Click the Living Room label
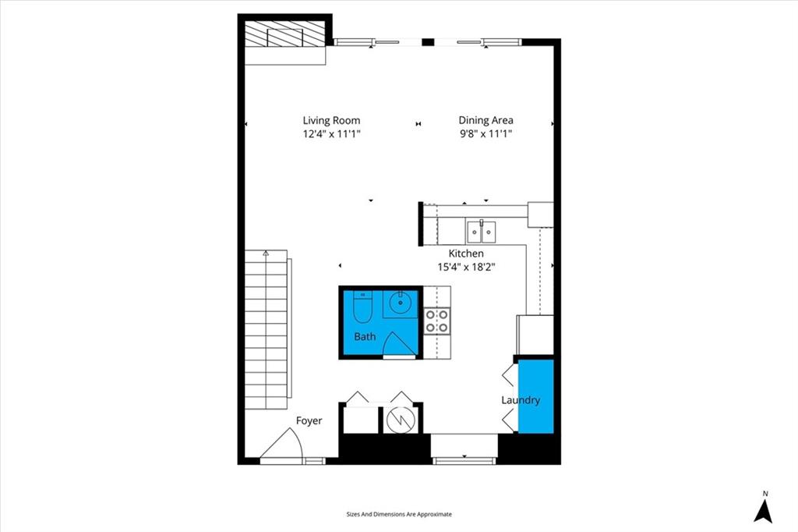pos(331,120)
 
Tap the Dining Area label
pos(486,120)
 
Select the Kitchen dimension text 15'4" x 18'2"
pos(466,267)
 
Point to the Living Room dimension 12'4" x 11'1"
pos(331,134)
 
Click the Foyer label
pos(309,420)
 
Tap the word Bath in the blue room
pos(365,336)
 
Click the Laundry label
pos(520,400)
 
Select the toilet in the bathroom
pos(363,307)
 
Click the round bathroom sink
pos(401,304)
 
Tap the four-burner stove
pos(437,321)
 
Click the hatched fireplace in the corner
pos(284,34)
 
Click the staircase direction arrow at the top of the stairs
pos(266,252)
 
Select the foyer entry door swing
pos(281,443)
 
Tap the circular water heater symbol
pos(401,420)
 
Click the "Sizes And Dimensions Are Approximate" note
pos(399,514)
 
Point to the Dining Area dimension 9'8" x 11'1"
pos(486,134)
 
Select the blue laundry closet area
pos(536,396)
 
